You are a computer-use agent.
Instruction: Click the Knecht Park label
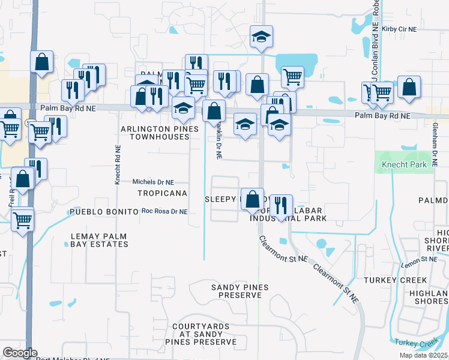pyautogui.click(x=405, y=164)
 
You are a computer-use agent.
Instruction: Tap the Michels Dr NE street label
pyautogui.click(x=153, y=182)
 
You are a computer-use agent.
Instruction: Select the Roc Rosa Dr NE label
pyautogui.click(x=164, y=211)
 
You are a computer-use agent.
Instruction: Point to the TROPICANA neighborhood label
pyautogui.click(x=162, y=193)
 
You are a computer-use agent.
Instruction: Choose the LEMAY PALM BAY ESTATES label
pyautogui.click(x=99, y=240)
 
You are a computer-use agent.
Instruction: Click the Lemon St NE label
pyautogui.click(x=420, y=259)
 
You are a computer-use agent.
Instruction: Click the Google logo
pyautogui.click(x=20, y=353)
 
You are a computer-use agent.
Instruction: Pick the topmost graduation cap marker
pyautogui.click(x=261, y=37)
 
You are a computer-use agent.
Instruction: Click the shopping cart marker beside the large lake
pyautogui.click(x=292, y=77)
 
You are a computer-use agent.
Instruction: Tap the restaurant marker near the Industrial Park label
pyautogui.click(x=281, y=205)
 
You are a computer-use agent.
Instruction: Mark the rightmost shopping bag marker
pyautogui.click(x=409, y=86)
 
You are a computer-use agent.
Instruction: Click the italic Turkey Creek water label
pyautogui.click(x=414, y=343)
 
